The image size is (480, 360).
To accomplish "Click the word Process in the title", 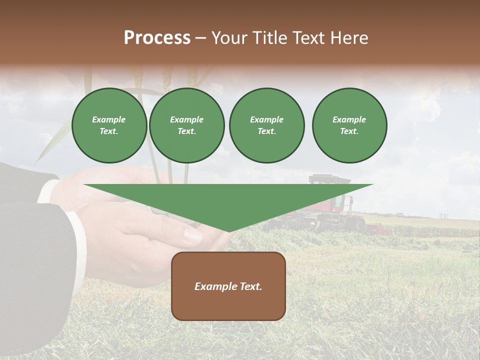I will tap(157, 38).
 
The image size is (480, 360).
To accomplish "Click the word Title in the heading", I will tap(270, 38).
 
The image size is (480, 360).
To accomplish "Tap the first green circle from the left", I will tap(109, 125).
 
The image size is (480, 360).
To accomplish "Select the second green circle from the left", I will tap(187, 125).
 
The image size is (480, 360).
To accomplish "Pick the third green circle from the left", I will tap(266, 125).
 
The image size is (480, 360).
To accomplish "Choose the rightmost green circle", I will tap(349, 125).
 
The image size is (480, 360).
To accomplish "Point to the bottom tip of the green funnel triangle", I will tap(228, 230).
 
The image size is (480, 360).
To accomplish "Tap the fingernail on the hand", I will tap(193, 234).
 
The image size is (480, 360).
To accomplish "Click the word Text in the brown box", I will tap(250, 286).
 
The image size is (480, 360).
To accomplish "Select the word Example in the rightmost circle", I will tap(349, 119).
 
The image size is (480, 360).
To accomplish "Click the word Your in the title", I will tap(229, 38).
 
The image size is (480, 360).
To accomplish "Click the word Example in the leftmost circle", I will tap(109, 119).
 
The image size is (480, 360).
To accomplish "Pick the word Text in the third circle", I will tap(266, 131).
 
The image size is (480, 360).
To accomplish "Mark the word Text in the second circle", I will tap(186, 131).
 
